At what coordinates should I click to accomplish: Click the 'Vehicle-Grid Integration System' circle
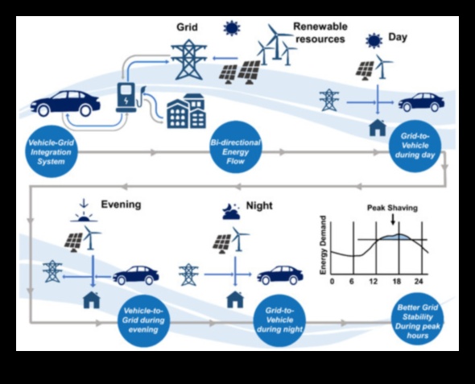tap(52, 151)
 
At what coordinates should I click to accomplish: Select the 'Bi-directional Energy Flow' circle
tap(236, 147)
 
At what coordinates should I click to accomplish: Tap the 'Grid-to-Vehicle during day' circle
tap(415, 147)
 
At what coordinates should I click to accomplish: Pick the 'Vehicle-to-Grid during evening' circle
tap(143, 320)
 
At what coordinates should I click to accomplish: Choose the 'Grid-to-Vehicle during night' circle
tap(279, 320)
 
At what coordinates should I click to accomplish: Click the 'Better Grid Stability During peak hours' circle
tap(418, 319)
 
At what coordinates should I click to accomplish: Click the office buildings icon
tap(187, 111)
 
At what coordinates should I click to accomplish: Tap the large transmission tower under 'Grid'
tap(188, 60)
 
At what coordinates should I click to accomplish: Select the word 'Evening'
tap(121, 204)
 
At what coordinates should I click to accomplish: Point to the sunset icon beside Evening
tap(84, 211)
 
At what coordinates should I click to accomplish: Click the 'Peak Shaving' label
tap(392, 208)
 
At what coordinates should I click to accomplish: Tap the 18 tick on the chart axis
tap(397, 282)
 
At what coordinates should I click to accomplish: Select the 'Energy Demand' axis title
tap(323, 246)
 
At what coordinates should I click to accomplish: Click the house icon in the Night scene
tap(235, 299)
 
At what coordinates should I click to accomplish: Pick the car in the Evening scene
tap(136, 275)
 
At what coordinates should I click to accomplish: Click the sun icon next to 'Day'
tap(374, 40)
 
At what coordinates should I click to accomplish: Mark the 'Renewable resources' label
tap(320, 33)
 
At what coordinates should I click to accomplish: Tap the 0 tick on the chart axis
tap(332, 282)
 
